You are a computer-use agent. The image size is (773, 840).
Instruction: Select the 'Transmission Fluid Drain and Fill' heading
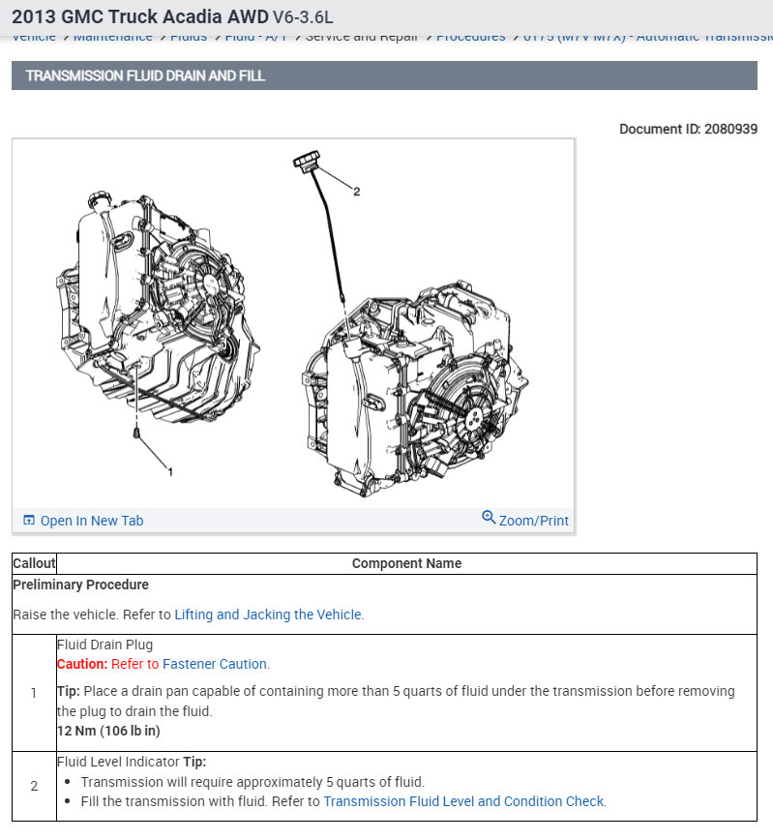145,75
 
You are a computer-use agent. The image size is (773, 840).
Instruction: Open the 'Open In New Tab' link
91,521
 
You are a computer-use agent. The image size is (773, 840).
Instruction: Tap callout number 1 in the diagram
170,472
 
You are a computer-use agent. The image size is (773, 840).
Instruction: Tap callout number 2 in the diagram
356,192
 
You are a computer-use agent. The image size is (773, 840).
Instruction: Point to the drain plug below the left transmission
138,432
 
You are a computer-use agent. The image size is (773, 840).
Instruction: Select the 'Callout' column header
34,563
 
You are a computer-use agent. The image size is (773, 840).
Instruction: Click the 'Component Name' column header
406,563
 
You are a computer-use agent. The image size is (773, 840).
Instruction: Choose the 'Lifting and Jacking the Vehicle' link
268,615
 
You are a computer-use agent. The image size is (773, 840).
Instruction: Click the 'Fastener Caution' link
215,664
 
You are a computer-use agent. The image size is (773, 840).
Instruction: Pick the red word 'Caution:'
82,664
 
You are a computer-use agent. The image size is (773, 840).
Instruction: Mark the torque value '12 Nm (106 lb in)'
108,731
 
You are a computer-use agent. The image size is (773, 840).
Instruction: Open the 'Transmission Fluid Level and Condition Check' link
463,801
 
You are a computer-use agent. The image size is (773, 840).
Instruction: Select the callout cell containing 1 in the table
34,693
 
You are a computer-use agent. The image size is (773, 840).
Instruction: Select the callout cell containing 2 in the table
34,786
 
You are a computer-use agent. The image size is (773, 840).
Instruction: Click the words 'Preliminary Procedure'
80,585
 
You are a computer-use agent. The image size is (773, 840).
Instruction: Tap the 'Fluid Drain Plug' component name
104,645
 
